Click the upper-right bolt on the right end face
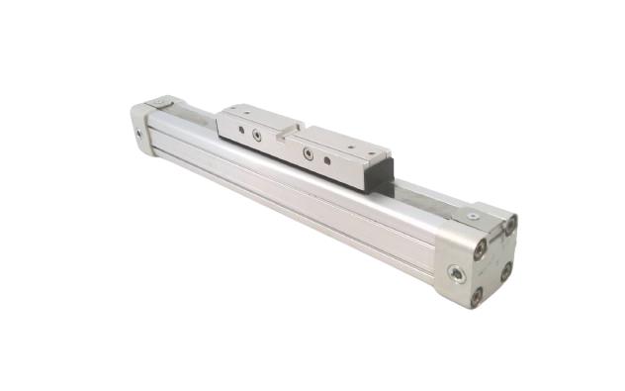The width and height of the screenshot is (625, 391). (x=511, y=226)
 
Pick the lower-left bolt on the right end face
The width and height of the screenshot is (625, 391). (x=477, y=294)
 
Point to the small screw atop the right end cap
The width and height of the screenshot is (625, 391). (x=473, y=215)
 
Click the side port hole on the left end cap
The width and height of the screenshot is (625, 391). (x=136, y=133)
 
